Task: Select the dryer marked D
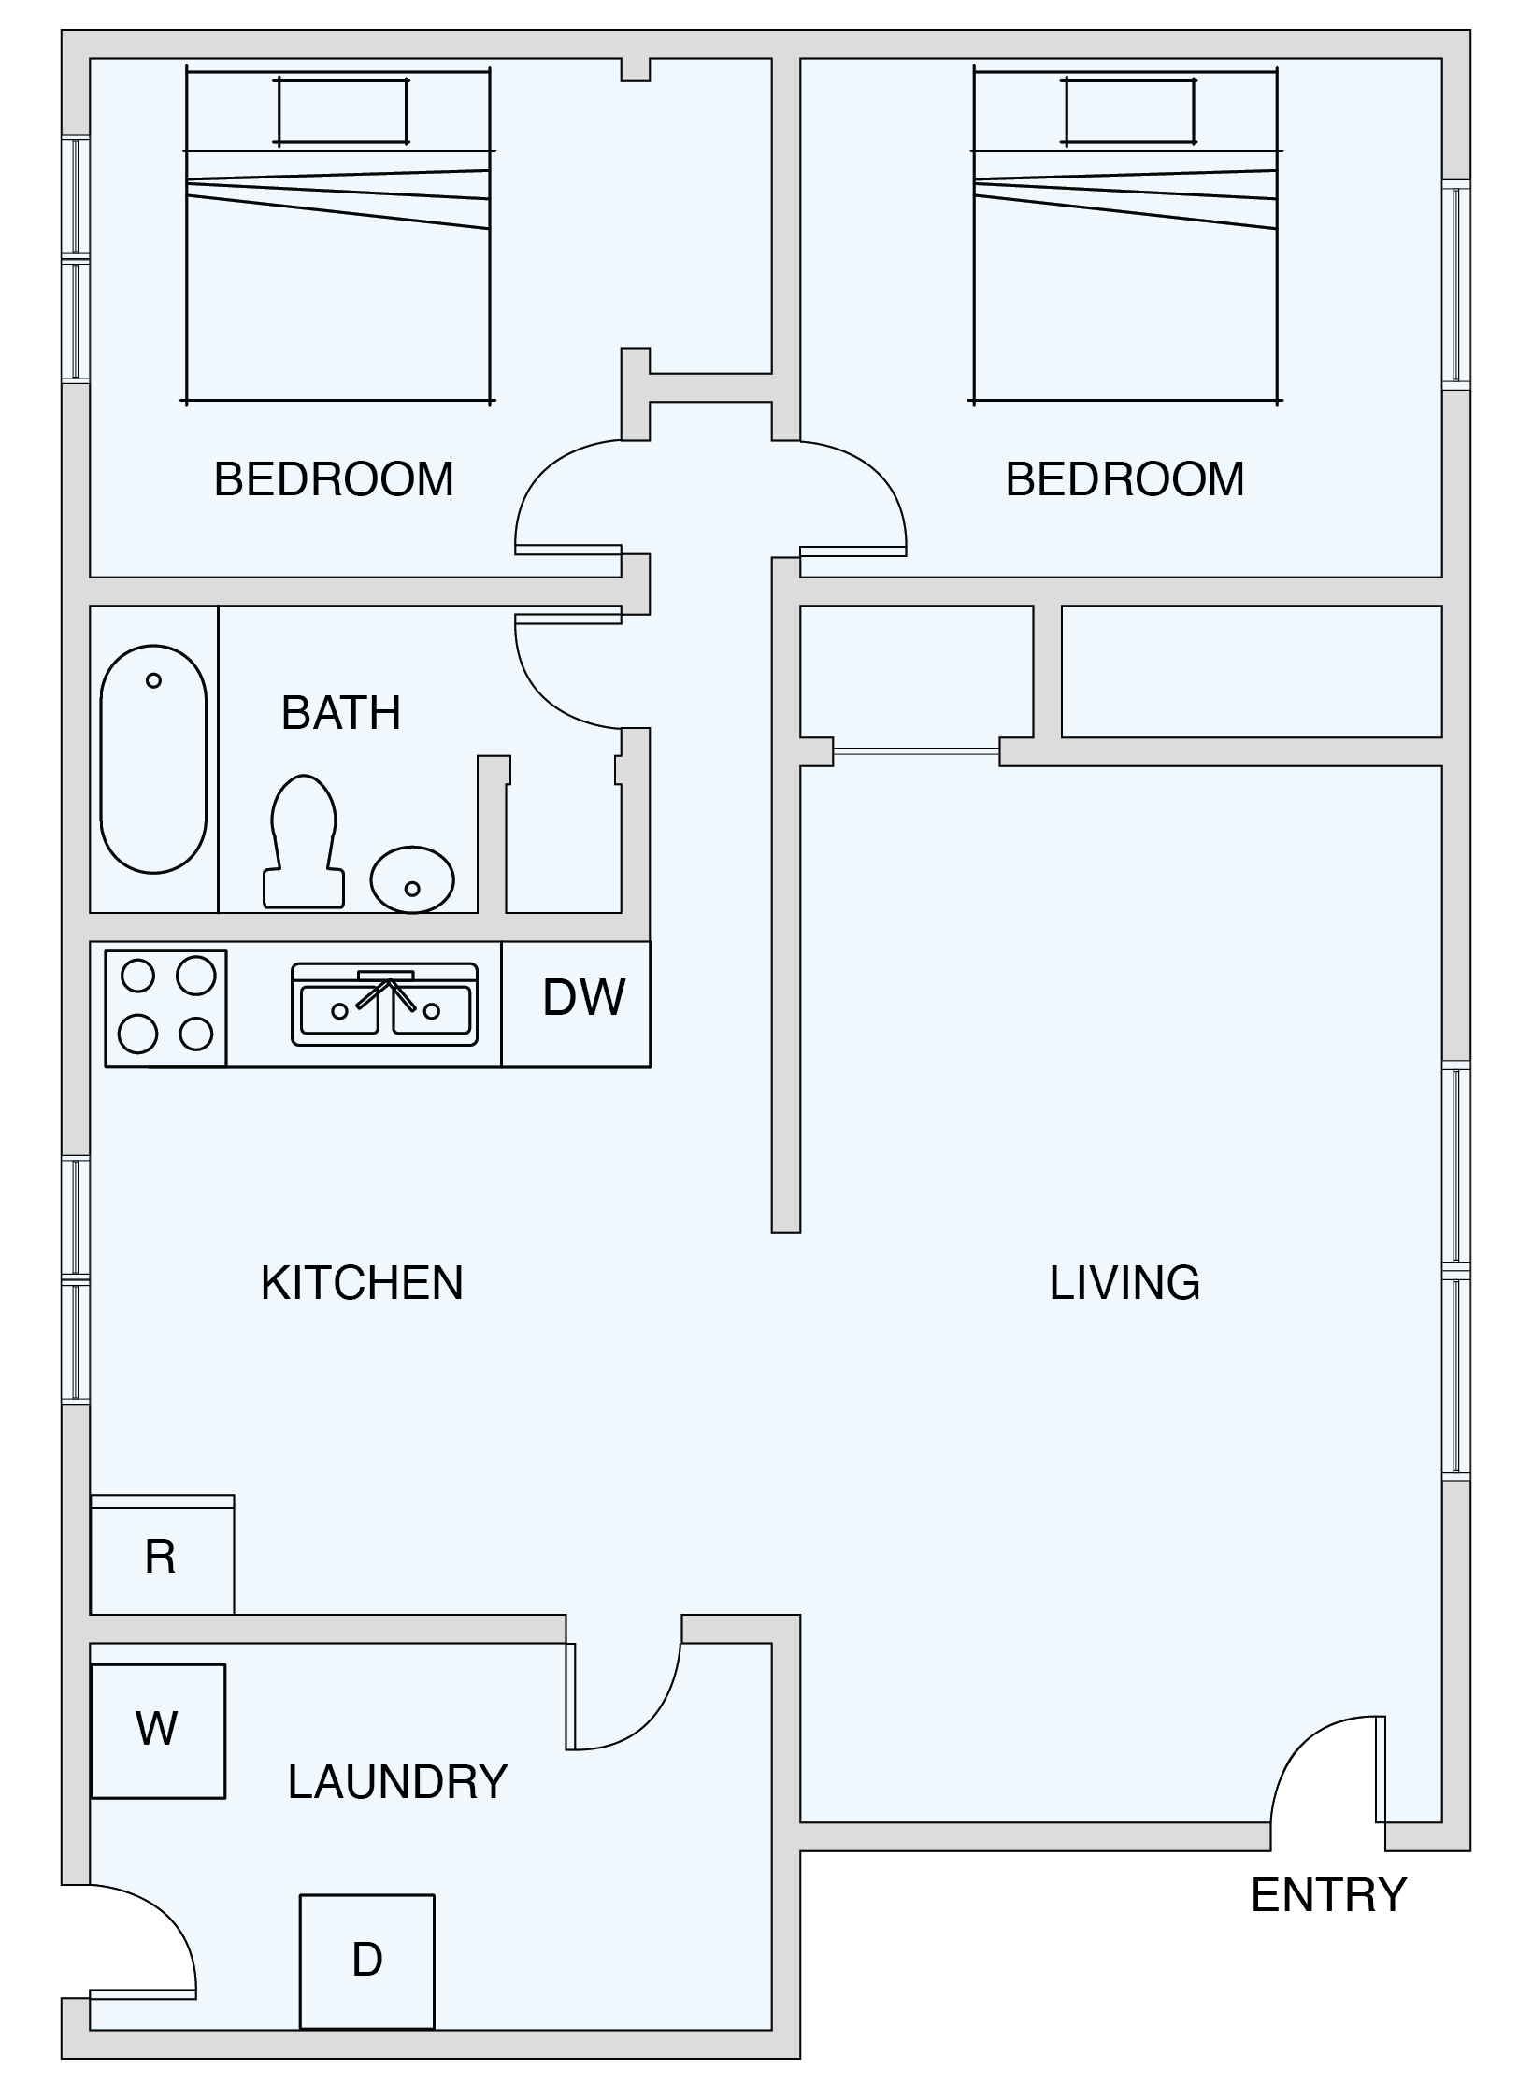tap(367, 1962)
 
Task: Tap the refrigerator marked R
tap(162, 1555)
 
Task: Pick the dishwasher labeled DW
tap(576, 1004)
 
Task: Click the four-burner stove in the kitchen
tap(166, 1007)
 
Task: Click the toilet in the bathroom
tap(304, 841)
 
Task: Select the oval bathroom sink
tap(412, 879)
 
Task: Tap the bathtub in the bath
tap(153, 759)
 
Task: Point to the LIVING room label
tap(1124, 1282)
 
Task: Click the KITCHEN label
tap(362, 1282)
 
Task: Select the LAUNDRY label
tap(397, 1782)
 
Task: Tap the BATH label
tap(341, 713)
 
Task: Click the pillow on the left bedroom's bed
tap(341, 111)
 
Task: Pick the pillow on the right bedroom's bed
tap(1129, 111)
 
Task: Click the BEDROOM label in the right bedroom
tap(1124, 479)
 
